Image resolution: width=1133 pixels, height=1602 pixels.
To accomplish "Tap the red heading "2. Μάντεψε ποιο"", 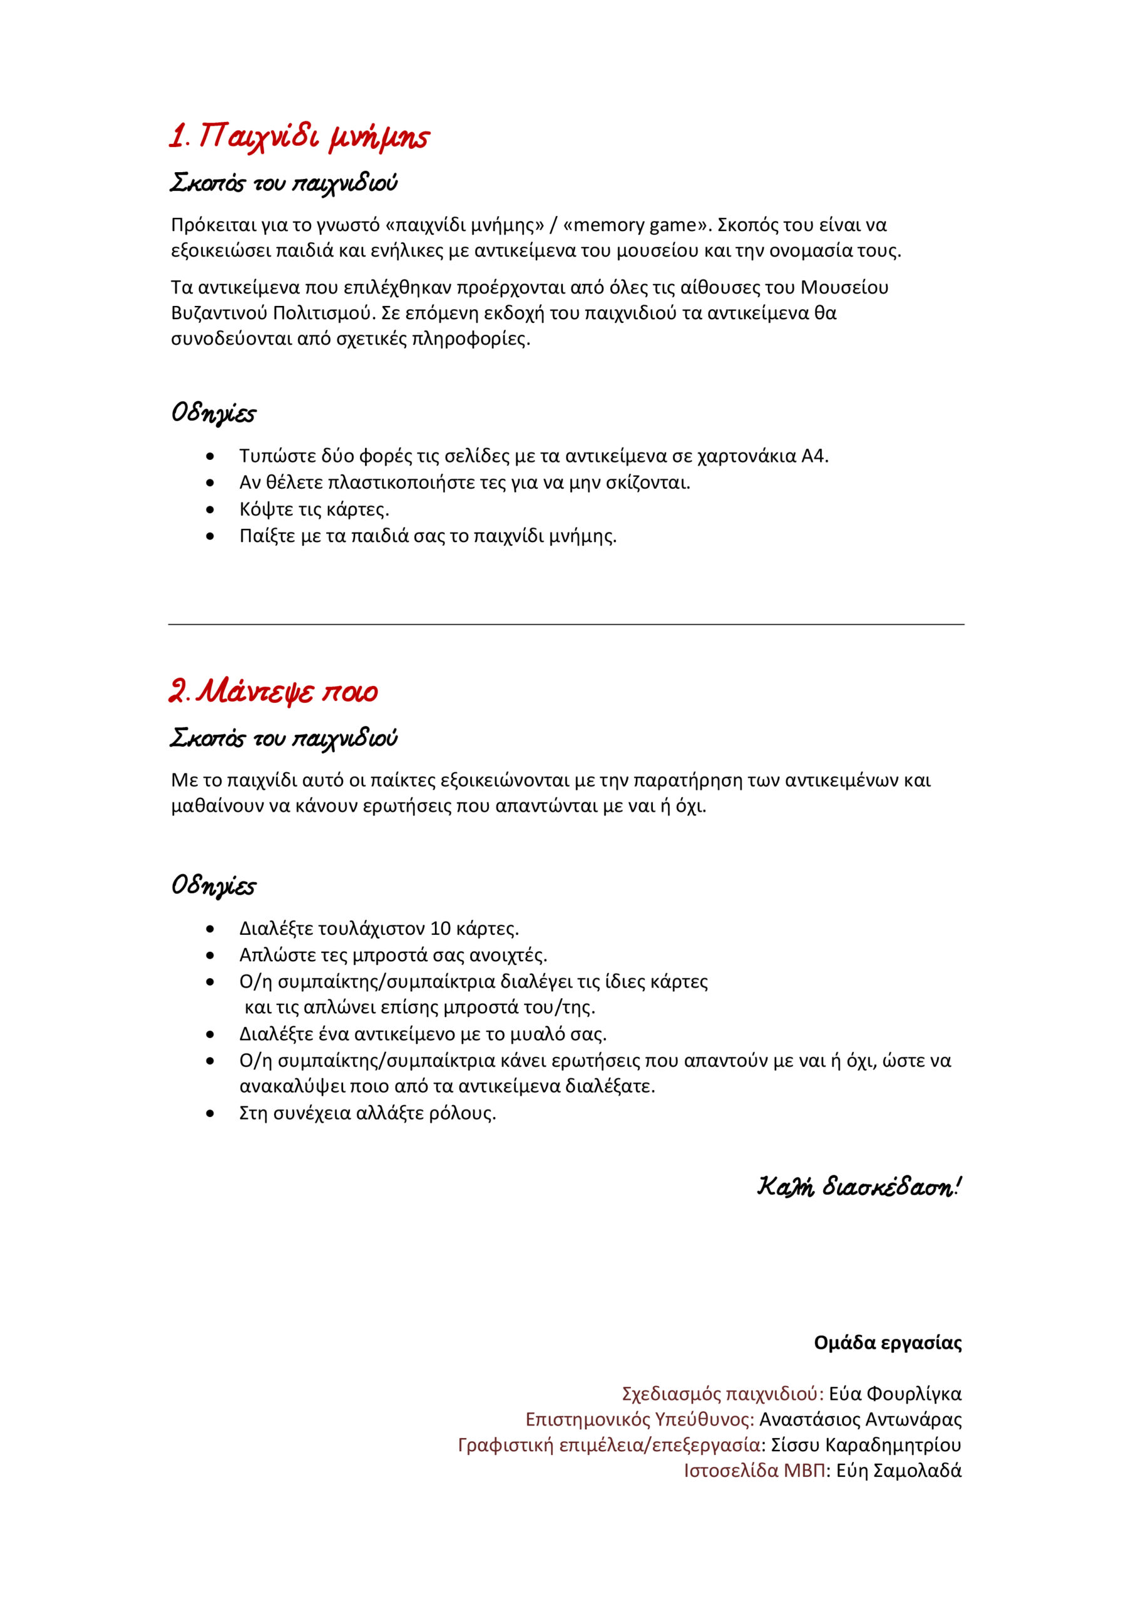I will click(273, 691).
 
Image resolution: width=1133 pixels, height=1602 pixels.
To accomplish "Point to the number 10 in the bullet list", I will click(440, 928).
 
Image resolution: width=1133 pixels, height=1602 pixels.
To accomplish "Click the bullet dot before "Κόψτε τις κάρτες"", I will click(211, 509).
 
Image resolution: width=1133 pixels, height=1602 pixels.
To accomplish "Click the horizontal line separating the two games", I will click(566, 624).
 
